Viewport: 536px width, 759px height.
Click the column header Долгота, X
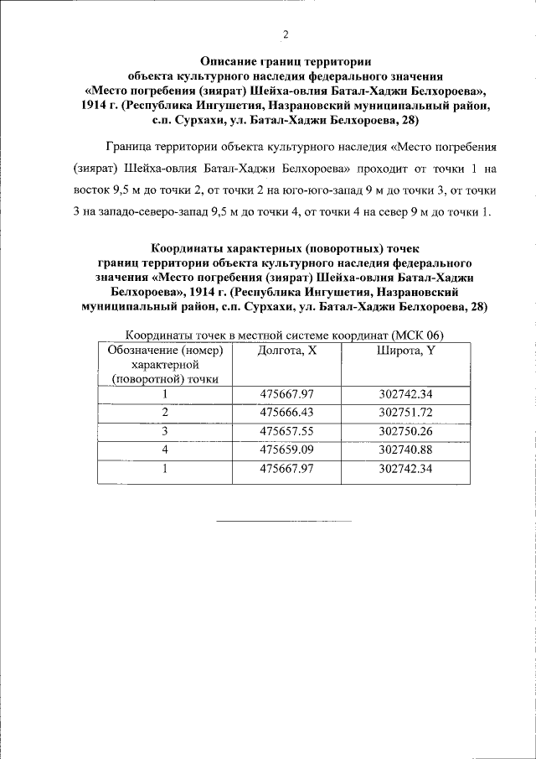coord(287,351)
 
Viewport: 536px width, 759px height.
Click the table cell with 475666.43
coord(287,413)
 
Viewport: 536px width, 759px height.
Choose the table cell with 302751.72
coord(405,413)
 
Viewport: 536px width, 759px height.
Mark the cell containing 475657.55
coord(287,431)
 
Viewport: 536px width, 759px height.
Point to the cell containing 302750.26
coord(405,431)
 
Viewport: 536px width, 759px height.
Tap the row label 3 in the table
coord(165,431)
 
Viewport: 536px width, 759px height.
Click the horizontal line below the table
coord(284,522)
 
